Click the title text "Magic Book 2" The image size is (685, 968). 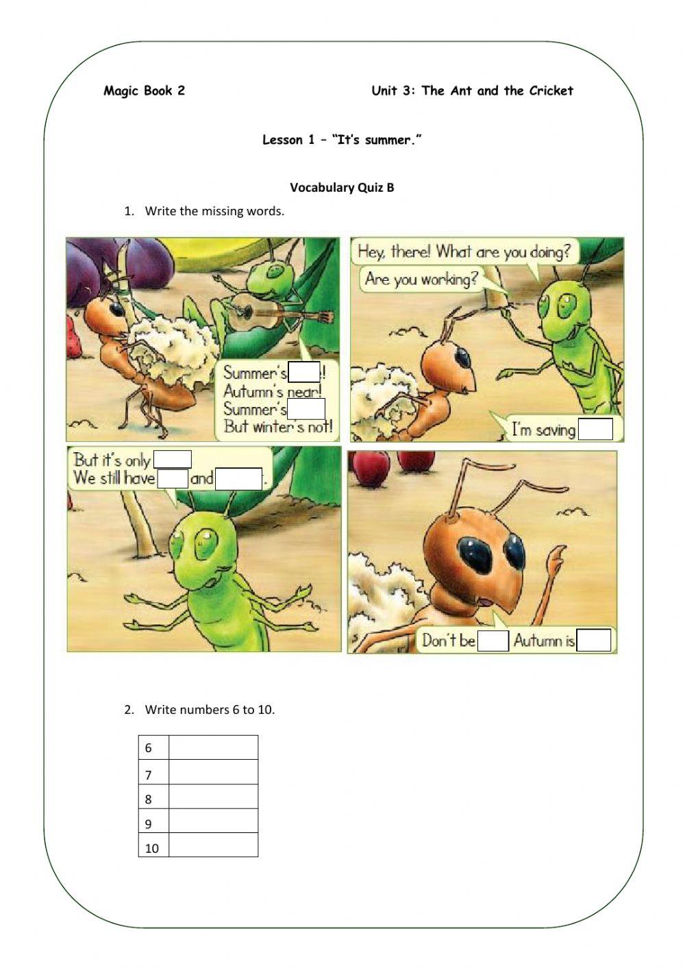(144, 90)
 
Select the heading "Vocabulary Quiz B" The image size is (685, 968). (342, 188)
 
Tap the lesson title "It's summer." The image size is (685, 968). (376, 140)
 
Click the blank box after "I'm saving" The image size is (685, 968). (595, 430)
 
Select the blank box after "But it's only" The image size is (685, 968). (173, 459)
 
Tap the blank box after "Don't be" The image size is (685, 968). (493, 641)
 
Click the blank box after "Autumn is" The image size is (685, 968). (594, 641)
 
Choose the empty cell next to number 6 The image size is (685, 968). (213, 747)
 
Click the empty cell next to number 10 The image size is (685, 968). (213, 845)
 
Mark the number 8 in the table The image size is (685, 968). (149, 799)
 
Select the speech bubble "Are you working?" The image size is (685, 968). (421, 280)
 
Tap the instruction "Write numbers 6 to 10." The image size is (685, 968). (210, 710)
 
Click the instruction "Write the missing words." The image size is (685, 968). (214, 211)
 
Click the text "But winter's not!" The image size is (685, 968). (277, 427)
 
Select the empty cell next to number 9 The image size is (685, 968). (213, 821)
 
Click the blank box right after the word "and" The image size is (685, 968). (238, 478)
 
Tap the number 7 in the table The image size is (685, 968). (149, 775)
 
